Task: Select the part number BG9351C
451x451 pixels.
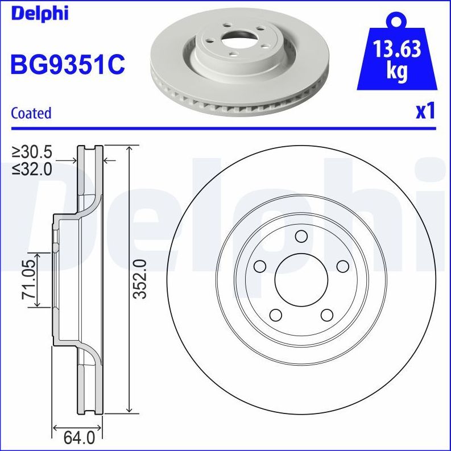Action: click(67, 65)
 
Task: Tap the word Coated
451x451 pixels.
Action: click(31, 113)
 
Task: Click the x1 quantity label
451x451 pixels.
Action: click(425, 111)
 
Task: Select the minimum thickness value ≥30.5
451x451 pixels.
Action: click(32, 152)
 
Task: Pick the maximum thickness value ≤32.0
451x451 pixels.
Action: click(32, 168)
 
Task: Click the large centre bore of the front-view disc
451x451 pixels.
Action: click(301, 279)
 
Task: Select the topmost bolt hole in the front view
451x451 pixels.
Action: click(301, 237)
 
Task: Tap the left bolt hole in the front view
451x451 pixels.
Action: click(260, 266)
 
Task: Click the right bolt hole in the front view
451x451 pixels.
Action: click(342, 266)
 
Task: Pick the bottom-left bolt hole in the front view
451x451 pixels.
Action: click(276, 315)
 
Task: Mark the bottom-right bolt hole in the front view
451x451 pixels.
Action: click(326, 315)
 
